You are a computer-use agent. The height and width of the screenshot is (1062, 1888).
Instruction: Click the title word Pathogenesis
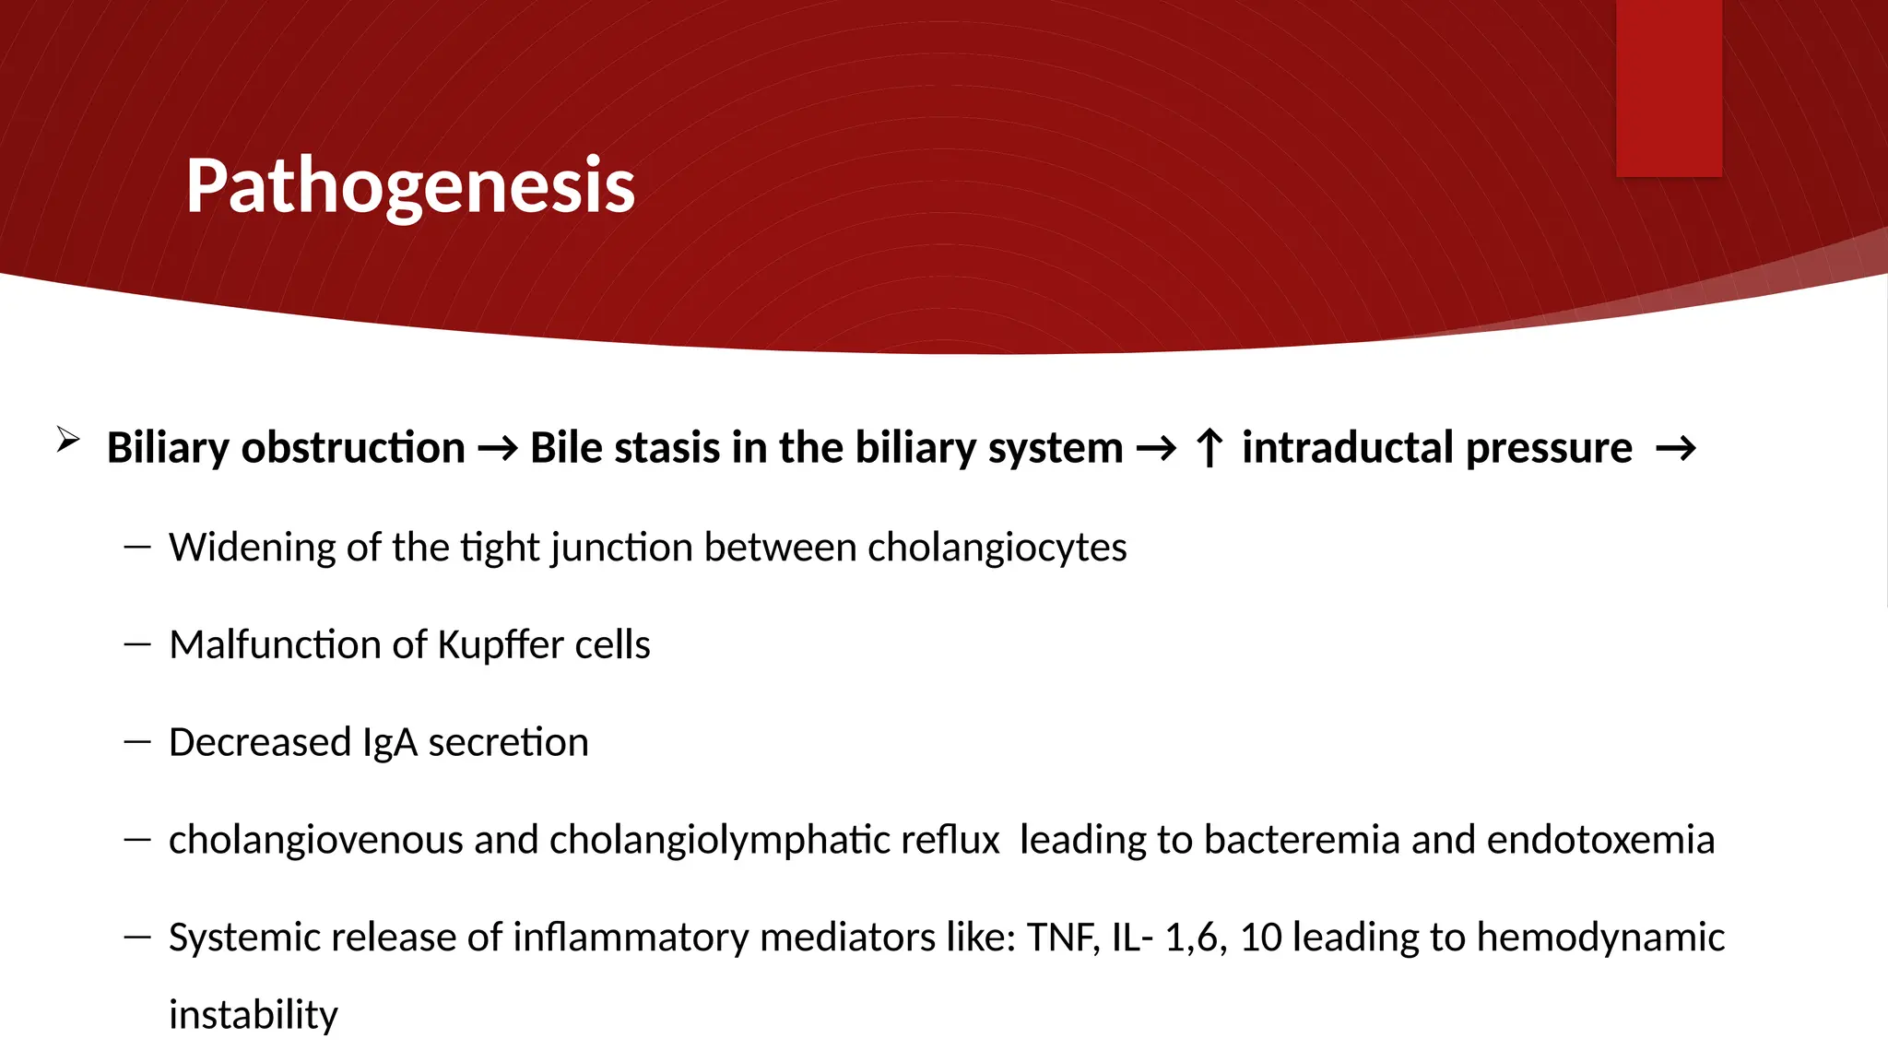point(410,186)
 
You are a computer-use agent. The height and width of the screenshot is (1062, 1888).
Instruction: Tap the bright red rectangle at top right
point(1669,88)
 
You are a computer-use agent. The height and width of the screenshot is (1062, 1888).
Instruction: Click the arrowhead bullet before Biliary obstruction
point(68,440)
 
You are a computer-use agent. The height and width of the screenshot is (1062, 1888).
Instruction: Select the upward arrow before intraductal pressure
point(1209,449)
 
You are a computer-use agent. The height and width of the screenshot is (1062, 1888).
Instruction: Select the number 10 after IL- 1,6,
point(1260,938)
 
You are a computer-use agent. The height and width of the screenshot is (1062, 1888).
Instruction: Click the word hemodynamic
point(1600,938)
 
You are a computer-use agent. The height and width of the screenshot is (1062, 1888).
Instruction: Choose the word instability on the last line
point(254,1015)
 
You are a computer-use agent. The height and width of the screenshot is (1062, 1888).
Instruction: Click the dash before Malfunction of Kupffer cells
point(137,644)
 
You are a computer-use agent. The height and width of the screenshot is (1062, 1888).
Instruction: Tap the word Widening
point(252,548)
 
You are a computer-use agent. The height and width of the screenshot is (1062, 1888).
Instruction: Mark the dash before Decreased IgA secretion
point(137,742)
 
